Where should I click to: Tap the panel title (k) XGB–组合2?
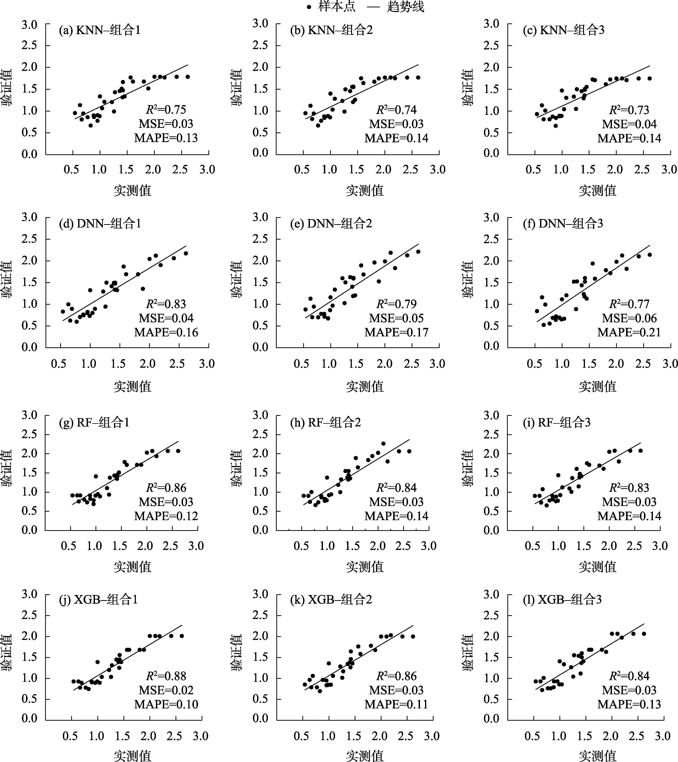[x=331, y=599]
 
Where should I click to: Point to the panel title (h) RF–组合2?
[x=326, y=422]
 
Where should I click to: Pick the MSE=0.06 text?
[x=629, y=318]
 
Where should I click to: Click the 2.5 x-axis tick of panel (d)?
[x=177, y=364]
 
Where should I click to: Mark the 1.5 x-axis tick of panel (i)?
[x=583, y=546]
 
